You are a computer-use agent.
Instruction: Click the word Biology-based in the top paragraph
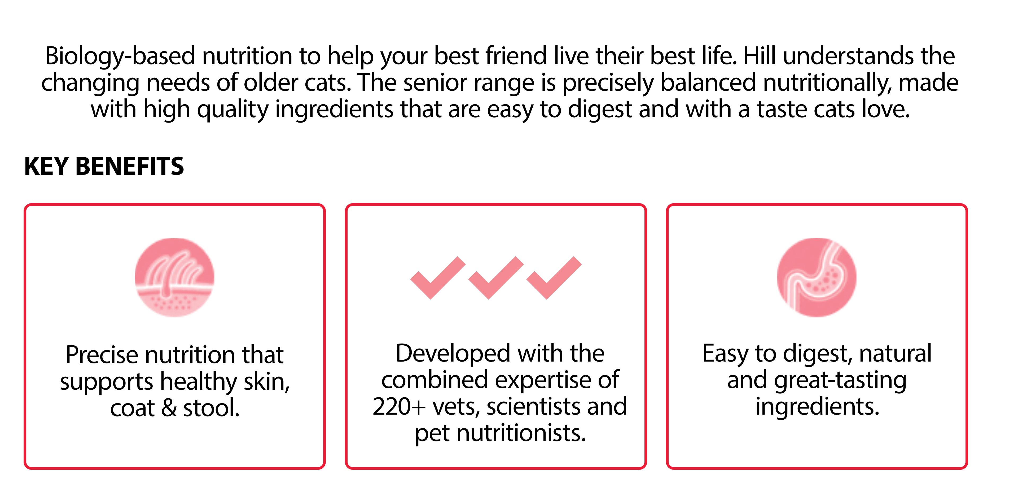(120, 56)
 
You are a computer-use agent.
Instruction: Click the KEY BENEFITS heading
(104, 166)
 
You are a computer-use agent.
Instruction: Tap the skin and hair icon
(174, 277)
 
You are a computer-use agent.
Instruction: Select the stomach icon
(817, 277)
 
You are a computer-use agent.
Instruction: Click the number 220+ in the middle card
(399, 406)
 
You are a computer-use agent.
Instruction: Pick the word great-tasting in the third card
(840, 381)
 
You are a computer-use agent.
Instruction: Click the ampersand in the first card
(169, 408)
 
